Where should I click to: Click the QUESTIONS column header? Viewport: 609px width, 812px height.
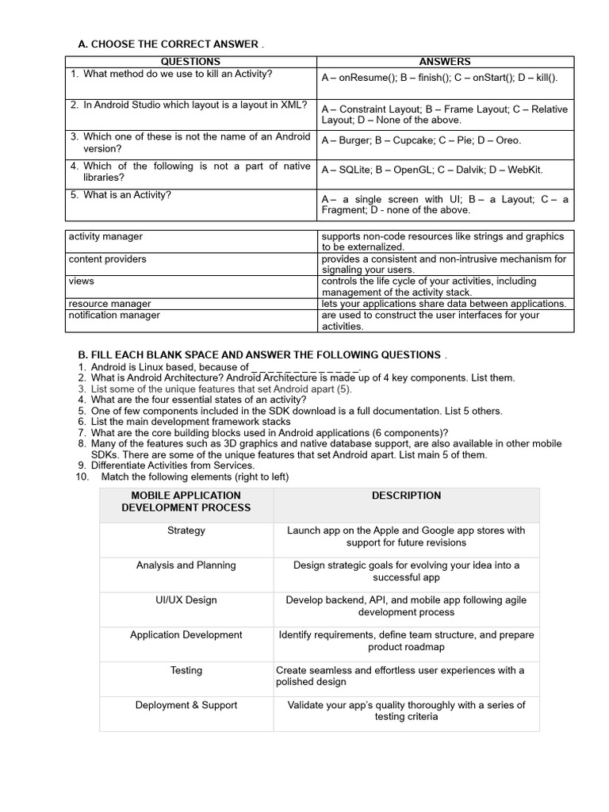[x=190, y=62]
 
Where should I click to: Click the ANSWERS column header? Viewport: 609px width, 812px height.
[x=444, y=62]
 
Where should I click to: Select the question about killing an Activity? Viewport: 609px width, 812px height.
[x=178, y=75]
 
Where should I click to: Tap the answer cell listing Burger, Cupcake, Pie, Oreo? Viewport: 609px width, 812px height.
[x=421, y=140]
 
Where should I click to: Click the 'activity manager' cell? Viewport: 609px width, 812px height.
[x=106, y=236]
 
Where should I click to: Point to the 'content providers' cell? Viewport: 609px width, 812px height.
[x=108, y=259]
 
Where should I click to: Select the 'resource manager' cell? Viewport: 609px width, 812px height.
[x=110, y=304]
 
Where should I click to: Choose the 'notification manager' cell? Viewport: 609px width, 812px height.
[x=114, y=316]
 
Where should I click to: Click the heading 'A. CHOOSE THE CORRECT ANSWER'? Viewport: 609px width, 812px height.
[x=167, y=44]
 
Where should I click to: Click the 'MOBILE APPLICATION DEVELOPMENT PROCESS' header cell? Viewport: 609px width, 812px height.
[x=186, y=501]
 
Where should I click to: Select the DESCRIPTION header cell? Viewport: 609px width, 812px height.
[x=406, y=496]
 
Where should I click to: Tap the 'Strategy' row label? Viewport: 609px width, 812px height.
[x=186, y=530]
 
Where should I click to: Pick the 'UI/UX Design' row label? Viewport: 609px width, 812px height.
[x=186, y=600]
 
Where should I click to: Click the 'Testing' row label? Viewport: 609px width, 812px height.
[x=186, y=670]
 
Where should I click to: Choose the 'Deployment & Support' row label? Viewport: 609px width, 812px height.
[x=186, y=705]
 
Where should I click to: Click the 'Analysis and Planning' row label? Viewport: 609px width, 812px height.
[x=186, y=565]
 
